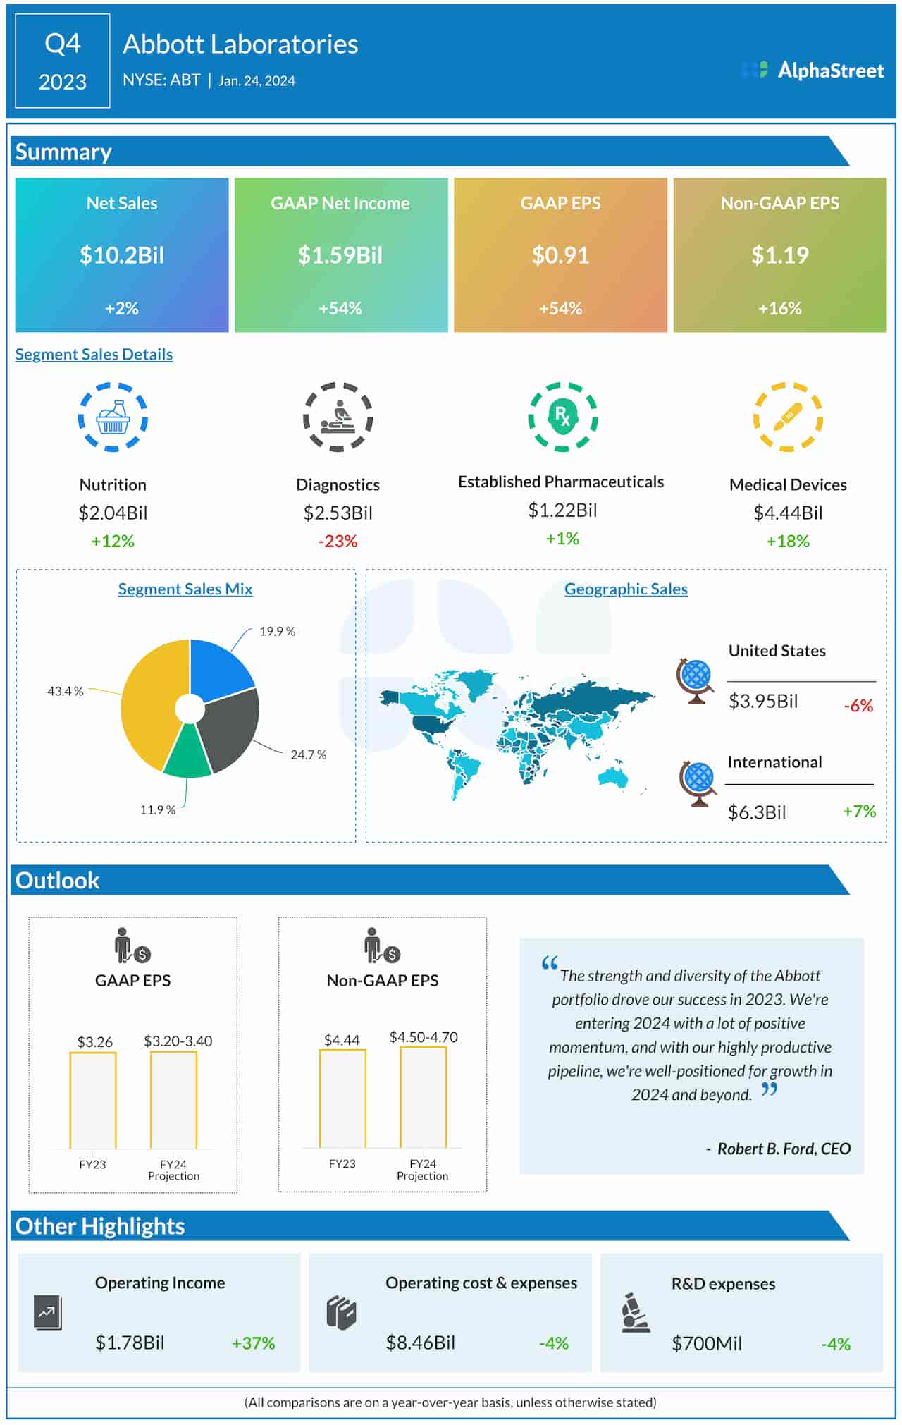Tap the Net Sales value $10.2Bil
122,255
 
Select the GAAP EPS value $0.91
560,255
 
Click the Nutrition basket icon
113,417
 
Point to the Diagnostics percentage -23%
338,542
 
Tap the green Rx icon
562,416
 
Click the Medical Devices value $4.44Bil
788,513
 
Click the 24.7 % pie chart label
308,755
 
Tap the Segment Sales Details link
94,354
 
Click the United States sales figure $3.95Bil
763,701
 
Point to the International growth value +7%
859,812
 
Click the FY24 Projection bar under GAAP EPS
173,1100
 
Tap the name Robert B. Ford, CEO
784,1149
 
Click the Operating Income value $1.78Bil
130,1343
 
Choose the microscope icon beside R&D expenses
635,1313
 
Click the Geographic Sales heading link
626,589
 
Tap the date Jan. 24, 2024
257,80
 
